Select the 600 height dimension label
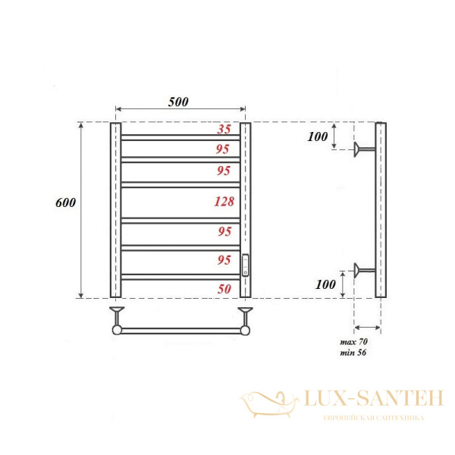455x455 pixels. coord(66,203)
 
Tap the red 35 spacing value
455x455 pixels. coord(223,129)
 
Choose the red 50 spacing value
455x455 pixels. coord(223,288)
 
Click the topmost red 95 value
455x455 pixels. coord(223,149)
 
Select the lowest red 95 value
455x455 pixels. coord(223,260)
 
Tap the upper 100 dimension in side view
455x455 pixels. coord(318,136)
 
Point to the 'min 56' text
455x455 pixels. coord(353,354)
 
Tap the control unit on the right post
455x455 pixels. coord(245,265)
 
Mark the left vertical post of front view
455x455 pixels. coord(115,210)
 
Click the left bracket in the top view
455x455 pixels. coord(117,319)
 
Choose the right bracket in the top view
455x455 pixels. coord(245,319)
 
